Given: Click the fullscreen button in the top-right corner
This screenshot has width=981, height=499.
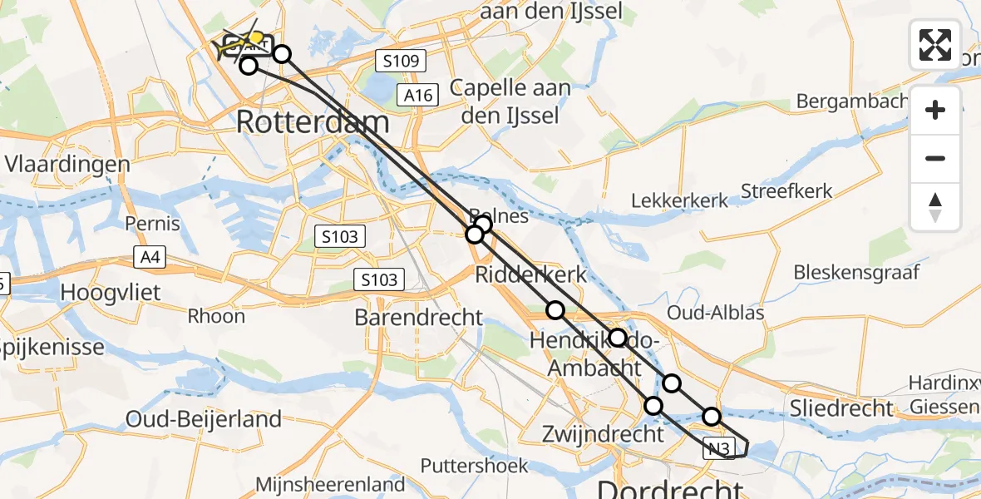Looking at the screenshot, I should tap(935, 44).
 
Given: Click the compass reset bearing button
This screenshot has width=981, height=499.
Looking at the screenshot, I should tap(935, 207).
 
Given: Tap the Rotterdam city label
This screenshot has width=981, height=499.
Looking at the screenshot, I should tap(313, 122).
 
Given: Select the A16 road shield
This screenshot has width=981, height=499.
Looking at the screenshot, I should tap(417, 96).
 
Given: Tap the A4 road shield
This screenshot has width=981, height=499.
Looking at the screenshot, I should tap(150, 258).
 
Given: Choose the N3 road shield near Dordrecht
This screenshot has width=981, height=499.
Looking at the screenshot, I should tap(720, 449).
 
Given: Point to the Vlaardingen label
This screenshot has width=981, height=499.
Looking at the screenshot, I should tap(67, 164).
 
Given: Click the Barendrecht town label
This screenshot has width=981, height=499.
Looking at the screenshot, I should tap(418, 317).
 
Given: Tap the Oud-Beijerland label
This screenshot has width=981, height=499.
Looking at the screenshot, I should tap(204, 419).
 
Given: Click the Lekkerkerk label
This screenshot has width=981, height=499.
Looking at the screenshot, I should tap(679, 200).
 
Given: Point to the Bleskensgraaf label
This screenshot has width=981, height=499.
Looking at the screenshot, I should tap(855, 272).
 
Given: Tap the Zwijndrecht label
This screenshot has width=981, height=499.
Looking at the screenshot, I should tap(603, 433).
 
